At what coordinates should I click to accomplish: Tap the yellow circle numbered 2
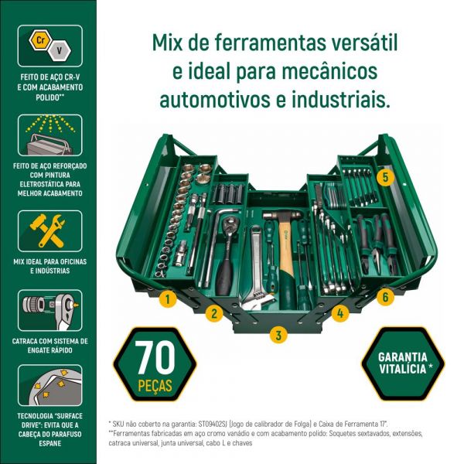pyautogui.click(x=214, y=313)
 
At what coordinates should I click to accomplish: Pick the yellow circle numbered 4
pyautogui.click(x=340, y=313)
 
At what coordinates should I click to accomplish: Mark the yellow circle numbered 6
pyautogui.click(x=386, y=296)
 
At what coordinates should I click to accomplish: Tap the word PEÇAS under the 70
pyautogui.click(x=152, y=384)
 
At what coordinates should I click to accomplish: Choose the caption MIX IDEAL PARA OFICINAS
pyautogui.click(x=48, y=263)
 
